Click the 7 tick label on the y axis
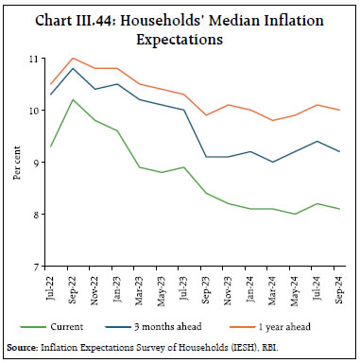(x=43, y=267)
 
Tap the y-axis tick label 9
(x=43, y=163)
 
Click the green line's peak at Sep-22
(x=74, y=100)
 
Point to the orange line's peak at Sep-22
(x=74, y=59)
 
